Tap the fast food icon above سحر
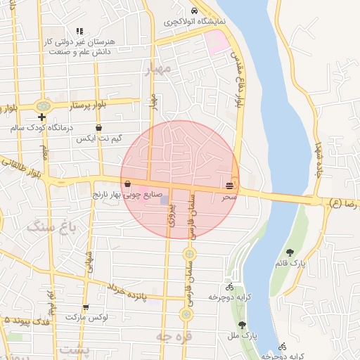[231, 185]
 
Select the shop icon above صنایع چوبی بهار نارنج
[127, 184]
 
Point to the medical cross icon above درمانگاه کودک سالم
[42, 117]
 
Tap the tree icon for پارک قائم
[290, 252]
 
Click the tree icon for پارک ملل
[243, 325]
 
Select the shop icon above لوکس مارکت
[86, 307]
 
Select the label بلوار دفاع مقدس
[239, 84]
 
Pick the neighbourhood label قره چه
[174, 336]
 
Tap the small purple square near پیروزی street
[165, 200]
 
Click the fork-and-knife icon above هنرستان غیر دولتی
[79, 31]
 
